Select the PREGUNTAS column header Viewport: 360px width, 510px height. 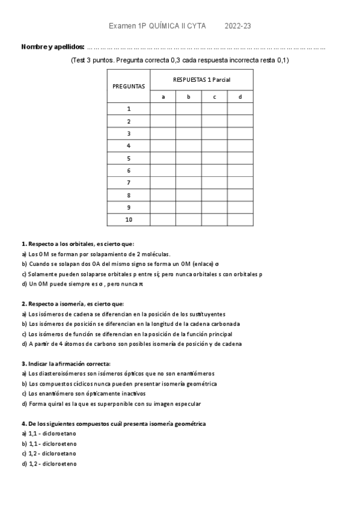(129, 86)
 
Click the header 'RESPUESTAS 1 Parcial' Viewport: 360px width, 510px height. (201, 79)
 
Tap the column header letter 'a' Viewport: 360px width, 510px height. (163, 97)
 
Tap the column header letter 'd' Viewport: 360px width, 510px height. (240, 97)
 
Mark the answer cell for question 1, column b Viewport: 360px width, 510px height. (189, 109)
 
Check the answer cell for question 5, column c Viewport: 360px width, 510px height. (215, 158)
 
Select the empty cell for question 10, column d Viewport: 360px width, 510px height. (240, 220)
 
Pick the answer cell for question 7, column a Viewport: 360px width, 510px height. (163, 183)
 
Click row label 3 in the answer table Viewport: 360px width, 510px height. (129, 134)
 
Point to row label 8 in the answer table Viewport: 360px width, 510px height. (129, 195)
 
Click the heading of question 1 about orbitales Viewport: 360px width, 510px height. (73, 244)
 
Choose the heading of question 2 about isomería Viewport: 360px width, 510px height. (72, 304)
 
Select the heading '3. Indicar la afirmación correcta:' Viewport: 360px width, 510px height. (66, 364)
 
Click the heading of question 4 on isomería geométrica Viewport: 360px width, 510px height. (114, 423)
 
